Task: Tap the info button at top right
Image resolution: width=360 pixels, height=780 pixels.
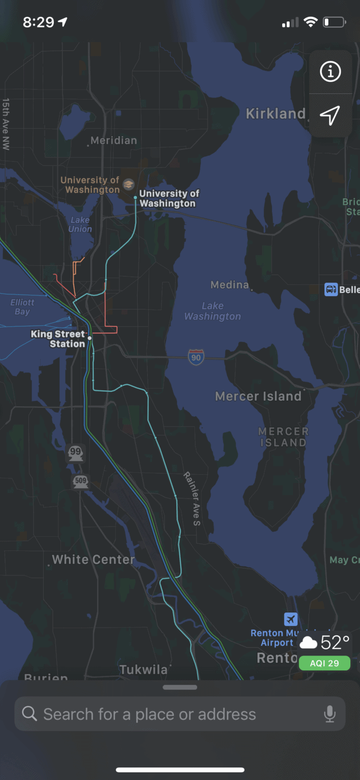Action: (330, 72)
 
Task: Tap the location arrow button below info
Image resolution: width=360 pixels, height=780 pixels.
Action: (330, 115)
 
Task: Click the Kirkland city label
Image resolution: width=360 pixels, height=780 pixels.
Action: (276, 114)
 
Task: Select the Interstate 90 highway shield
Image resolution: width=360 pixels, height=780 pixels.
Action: (196, 357)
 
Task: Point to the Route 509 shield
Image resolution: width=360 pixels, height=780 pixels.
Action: (80, 480)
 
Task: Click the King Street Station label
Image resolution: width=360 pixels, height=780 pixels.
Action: (58, 339)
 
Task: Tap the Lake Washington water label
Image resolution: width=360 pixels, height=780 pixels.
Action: (212, 311)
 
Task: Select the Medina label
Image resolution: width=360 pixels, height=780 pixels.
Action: (230, 285)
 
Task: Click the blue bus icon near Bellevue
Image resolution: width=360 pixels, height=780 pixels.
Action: (331, 289)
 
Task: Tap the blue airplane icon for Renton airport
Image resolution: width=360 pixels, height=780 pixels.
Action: (290, 619)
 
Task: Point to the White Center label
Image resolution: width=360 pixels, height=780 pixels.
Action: (93, 560)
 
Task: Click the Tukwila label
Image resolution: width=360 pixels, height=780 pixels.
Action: (144, 670)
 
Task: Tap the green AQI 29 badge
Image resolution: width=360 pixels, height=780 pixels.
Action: (324, 663)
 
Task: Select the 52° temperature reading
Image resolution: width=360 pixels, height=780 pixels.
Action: (335, 643)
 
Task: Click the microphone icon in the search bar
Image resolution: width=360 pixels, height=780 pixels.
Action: (330, 714)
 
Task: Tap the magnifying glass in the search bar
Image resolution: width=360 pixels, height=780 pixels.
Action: (30, 714)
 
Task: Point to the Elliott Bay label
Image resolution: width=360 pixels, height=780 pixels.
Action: (22, 307)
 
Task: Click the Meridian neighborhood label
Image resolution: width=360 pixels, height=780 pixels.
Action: (113, 141)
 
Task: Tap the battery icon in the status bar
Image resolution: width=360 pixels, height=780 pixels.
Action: (334, 22)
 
